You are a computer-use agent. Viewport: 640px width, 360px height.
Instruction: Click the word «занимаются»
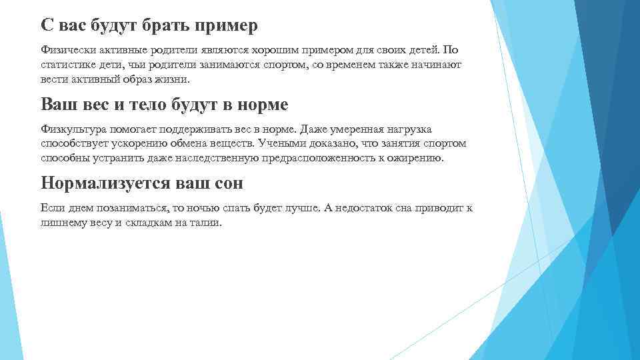(x=231, y=65)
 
